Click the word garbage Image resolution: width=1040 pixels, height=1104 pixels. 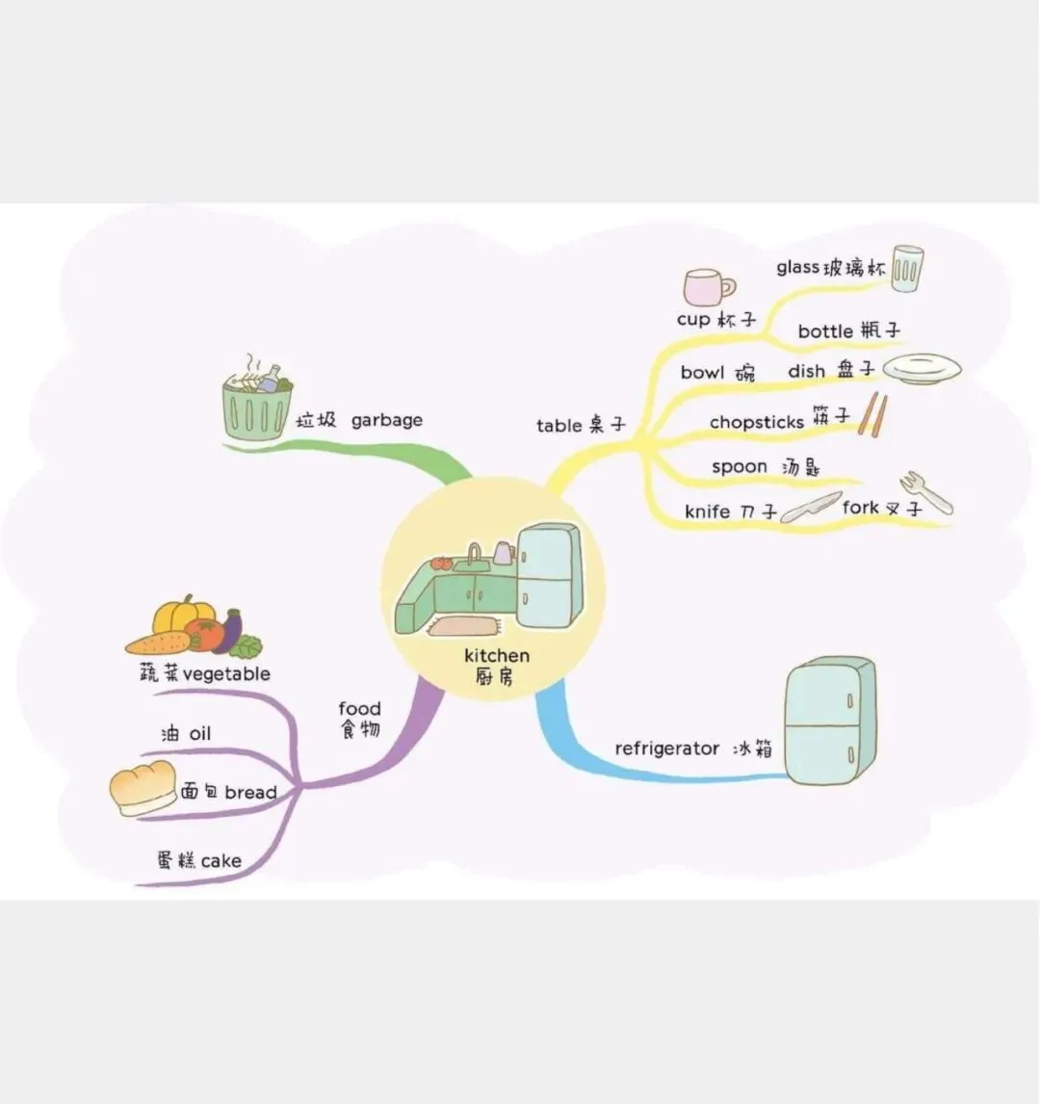386,420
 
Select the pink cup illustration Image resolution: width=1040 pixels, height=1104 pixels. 707,287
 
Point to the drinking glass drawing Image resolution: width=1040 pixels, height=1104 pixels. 906,269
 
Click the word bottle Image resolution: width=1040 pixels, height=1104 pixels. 825,331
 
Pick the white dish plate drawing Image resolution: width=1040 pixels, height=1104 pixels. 922,368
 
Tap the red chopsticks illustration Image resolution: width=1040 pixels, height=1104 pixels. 873,413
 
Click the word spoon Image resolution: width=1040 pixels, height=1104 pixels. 740,467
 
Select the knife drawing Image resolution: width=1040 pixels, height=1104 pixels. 810,508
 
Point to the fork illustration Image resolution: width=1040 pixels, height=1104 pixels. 925,491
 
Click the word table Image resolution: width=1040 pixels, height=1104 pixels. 559,426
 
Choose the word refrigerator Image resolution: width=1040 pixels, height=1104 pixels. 667,749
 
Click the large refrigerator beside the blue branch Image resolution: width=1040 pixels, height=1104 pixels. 829,721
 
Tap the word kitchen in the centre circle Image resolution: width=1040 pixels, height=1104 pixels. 496,656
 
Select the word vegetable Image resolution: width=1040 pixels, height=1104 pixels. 226,674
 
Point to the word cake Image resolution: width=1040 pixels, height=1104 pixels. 221,860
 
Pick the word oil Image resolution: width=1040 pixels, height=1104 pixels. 199,734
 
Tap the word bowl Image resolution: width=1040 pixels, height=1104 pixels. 703,372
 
